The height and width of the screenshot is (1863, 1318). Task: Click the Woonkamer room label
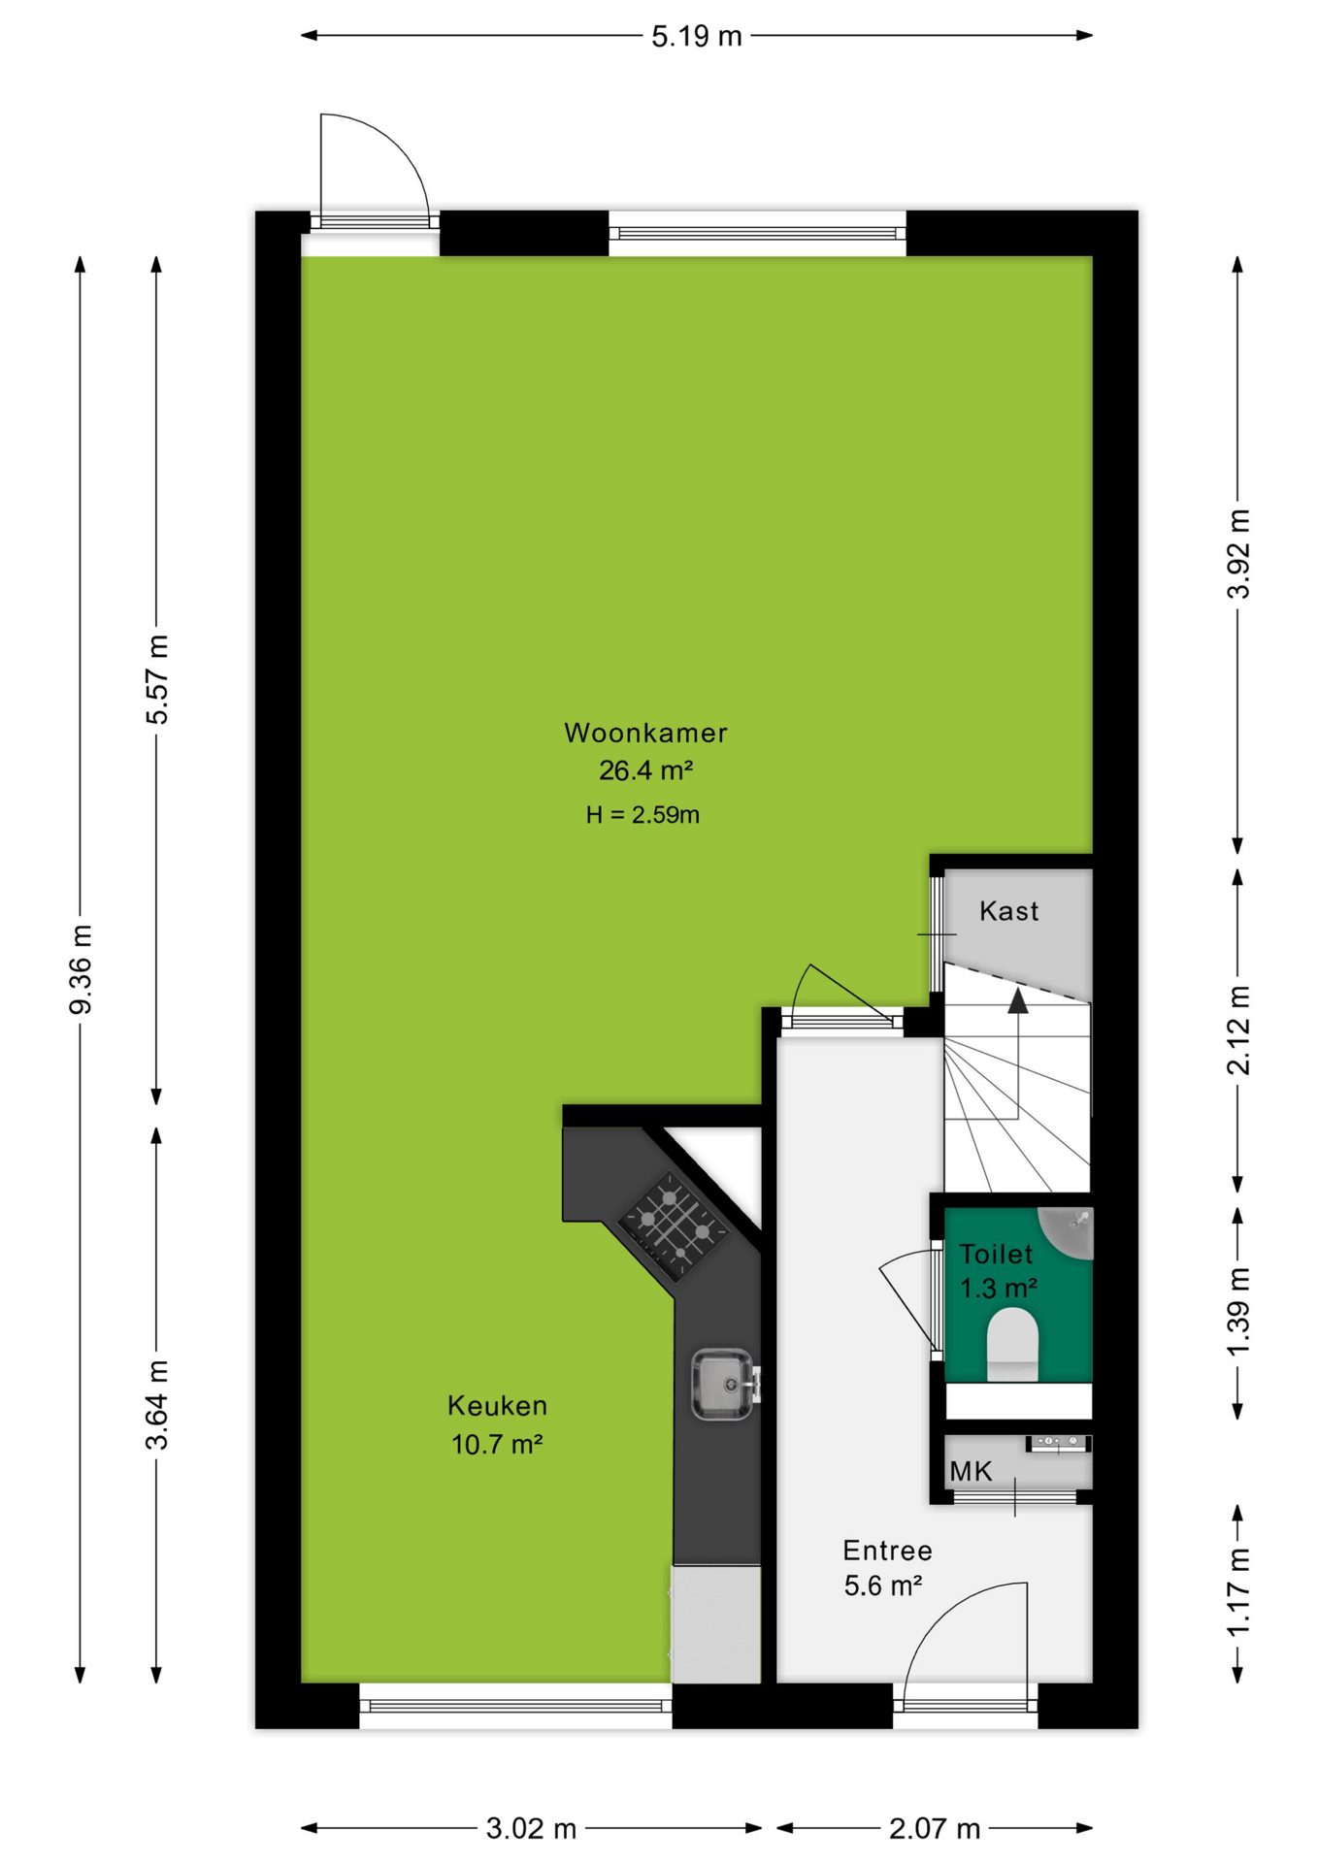[x=645, y=733]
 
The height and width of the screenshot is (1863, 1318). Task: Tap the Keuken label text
[x=497, y=1405]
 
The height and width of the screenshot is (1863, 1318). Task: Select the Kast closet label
[x=1009, y=911]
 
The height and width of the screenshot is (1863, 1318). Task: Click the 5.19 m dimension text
[x=696, y=36]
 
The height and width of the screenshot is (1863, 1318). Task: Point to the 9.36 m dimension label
[x=81, y=969]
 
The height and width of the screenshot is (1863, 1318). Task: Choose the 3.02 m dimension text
[x=531, y=1829]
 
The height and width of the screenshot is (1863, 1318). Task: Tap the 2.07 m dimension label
[x=935, y=1829]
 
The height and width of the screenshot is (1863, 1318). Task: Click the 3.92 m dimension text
[x=1238, y=553]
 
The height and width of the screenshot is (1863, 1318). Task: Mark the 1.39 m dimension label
[x=1238, y=1313]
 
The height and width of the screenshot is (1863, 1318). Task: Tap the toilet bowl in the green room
[x=1012, y=1344]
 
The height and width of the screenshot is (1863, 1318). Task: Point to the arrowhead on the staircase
[x=1017, y=1000]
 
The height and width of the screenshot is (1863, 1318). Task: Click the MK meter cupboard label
[x=972, y=1472]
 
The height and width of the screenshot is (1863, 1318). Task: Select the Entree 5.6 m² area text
[x=887, y=1568]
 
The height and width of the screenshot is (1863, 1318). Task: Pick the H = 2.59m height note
[x=643, y=815]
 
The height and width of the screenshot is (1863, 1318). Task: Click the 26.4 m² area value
[x=645, y=770]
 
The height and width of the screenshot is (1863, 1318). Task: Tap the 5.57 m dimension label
[x=157, y=679]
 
